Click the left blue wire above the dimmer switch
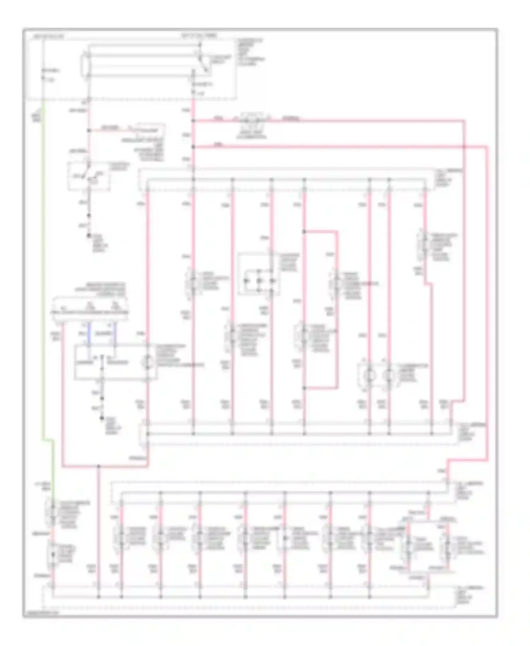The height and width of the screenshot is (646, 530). pyautogui.click(x=88, y=334)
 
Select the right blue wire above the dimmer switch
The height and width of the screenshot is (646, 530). pyautogui.click(x=115, y=334)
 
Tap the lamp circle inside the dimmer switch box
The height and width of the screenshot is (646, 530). pyautogui.click(x=148, y=362)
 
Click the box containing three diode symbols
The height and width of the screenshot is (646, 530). pyautogui.click(x=259, y=274)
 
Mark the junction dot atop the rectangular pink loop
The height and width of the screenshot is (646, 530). pyautogui.click(x=304, y=232)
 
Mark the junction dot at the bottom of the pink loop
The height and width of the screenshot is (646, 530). pyautogui.click(x=304, y=388)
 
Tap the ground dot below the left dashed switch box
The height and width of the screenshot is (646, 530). pyautogui.click(x=89, y=235)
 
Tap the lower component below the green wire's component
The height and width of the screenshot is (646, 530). pyautogui.click(x=52, y=554)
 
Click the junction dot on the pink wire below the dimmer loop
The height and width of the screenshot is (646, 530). pyautogui.click(x=99, y=466)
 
